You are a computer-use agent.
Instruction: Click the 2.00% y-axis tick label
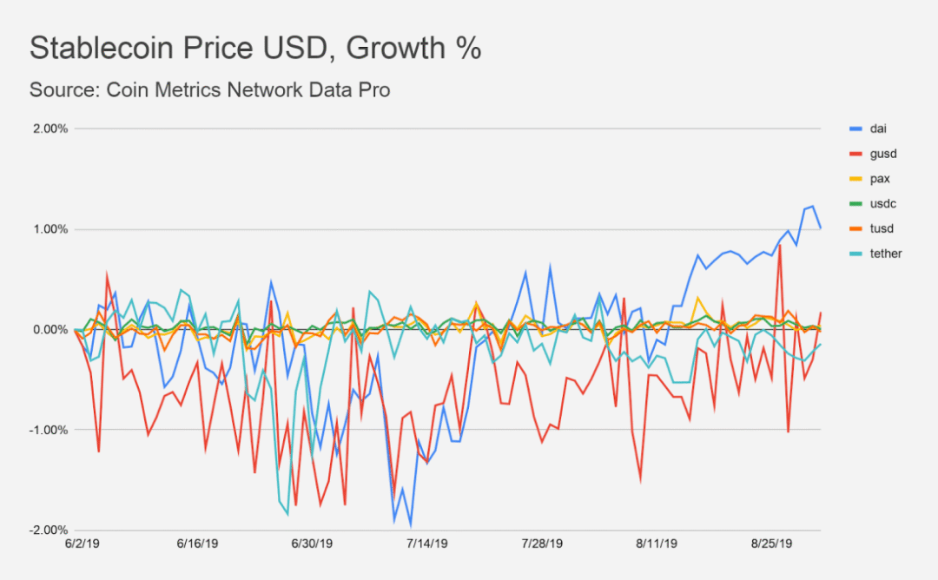point(50,129)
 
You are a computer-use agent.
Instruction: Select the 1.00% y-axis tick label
point(50,229)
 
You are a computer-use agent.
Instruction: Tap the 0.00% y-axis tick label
point(50,330)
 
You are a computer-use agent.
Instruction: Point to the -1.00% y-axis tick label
point(48,430)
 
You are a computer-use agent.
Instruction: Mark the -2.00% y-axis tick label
point(48,530)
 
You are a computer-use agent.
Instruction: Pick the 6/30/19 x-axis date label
point(311,544)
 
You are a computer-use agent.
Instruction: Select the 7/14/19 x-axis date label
point(427,544)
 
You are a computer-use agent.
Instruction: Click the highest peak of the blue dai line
point(812,206)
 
